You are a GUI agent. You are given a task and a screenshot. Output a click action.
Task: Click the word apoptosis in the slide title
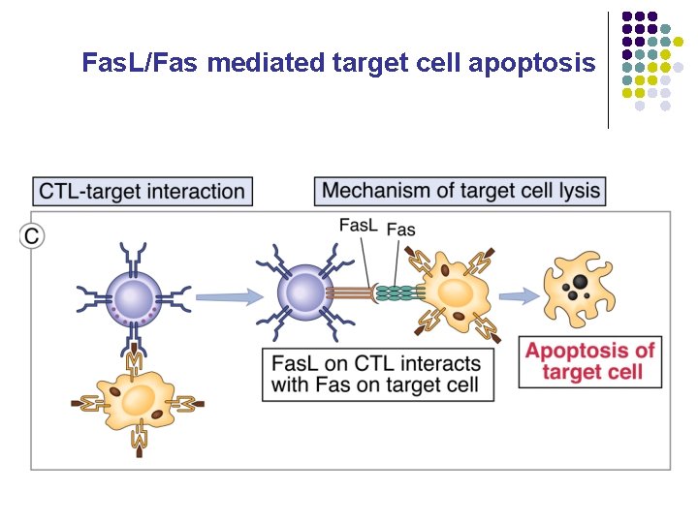click(531, 64)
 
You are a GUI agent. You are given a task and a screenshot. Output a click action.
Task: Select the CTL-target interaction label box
click(142, 190)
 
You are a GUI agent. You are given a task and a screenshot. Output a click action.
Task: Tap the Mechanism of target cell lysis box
click(460, 190)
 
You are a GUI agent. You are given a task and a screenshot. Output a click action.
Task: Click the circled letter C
click(32, 235)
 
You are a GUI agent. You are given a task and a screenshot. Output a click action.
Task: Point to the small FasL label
click(358, 226)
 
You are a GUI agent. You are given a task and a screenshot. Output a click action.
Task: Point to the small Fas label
click(400, 230)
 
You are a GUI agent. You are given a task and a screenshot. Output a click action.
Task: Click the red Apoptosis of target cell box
click(589, 360)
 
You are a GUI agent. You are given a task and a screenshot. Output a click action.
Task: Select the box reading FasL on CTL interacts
click(376, 375)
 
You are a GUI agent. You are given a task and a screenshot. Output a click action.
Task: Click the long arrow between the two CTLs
click(228, 294)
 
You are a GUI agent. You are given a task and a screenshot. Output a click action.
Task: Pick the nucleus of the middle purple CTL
click(304, 292)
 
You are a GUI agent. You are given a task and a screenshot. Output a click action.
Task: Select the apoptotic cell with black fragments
click(581, 288)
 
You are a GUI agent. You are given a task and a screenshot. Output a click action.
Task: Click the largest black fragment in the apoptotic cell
click(578, 281)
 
